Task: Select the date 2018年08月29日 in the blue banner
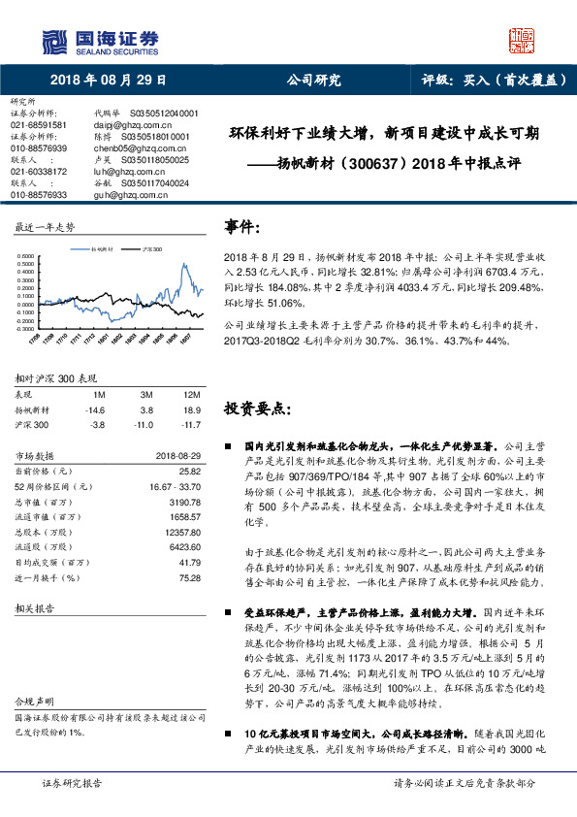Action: coord(106,82)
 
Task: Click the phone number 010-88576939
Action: coord(38,147)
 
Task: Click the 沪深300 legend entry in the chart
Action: coord(152,249)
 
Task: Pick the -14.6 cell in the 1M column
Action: coord(96,410)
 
